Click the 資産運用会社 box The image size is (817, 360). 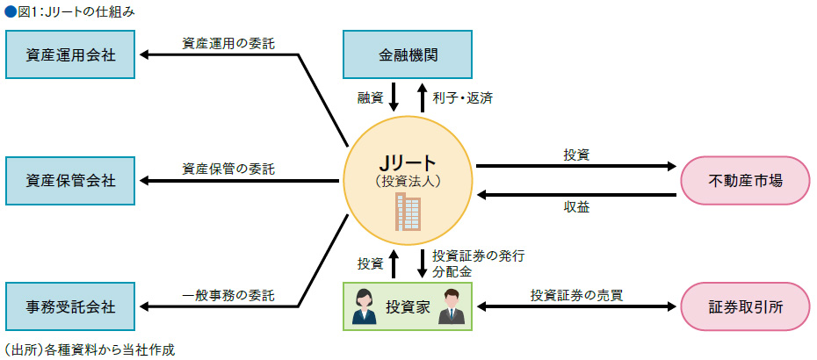coord(70,54)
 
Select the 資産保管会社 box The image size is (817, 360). coord(70,180)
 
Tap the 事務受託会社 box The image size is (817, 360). coord(70,306)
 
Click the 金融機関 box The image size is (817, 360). coord(408,54)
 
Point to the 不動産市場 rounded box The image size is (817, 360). coord(745,180)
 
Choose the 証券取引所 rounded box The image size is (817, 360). coord(745,306)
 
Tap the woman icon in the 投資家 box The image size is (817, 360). coord(362,307)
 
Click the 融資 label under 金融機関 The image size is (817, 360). coord(369,97)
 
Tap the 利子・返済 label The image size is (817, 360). coord(462,97)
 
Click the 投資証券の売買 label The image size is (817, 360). coord(576,294)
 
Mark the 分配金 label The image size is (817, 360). coord(452,272)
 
